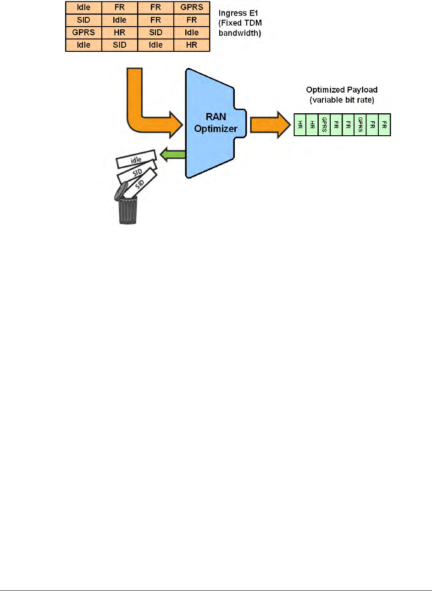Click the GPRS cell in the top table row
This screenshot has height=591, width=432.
point(192,7)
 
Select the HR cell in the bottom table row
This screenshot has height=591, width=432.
point(192,45)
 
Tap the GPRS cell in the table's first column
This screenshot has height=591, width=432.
point(83,33)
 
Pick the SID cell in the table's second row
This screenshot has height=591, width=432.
point(83,20)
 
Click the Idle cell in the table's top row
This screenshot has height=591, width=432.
point(83,7)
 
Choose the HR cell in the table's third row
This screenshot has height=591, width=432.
point(120,33)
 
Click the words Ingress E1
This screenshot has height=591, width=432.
point(238,13)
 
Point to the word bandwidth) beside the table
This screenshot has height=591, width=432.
point(240,33)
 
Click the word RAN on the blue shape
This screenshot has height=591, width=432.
point(216,117)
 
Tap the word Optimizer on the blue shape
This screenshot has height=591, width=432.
point(216,129)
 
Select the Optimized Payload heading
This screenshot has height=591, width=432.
point(342,90)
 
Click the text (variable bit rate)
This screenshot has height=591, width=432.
point(342,100)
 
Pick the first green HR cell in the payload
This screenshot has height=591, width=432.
point(300,125)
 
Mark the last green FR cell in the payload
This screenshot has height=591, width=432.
point(384,125)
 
